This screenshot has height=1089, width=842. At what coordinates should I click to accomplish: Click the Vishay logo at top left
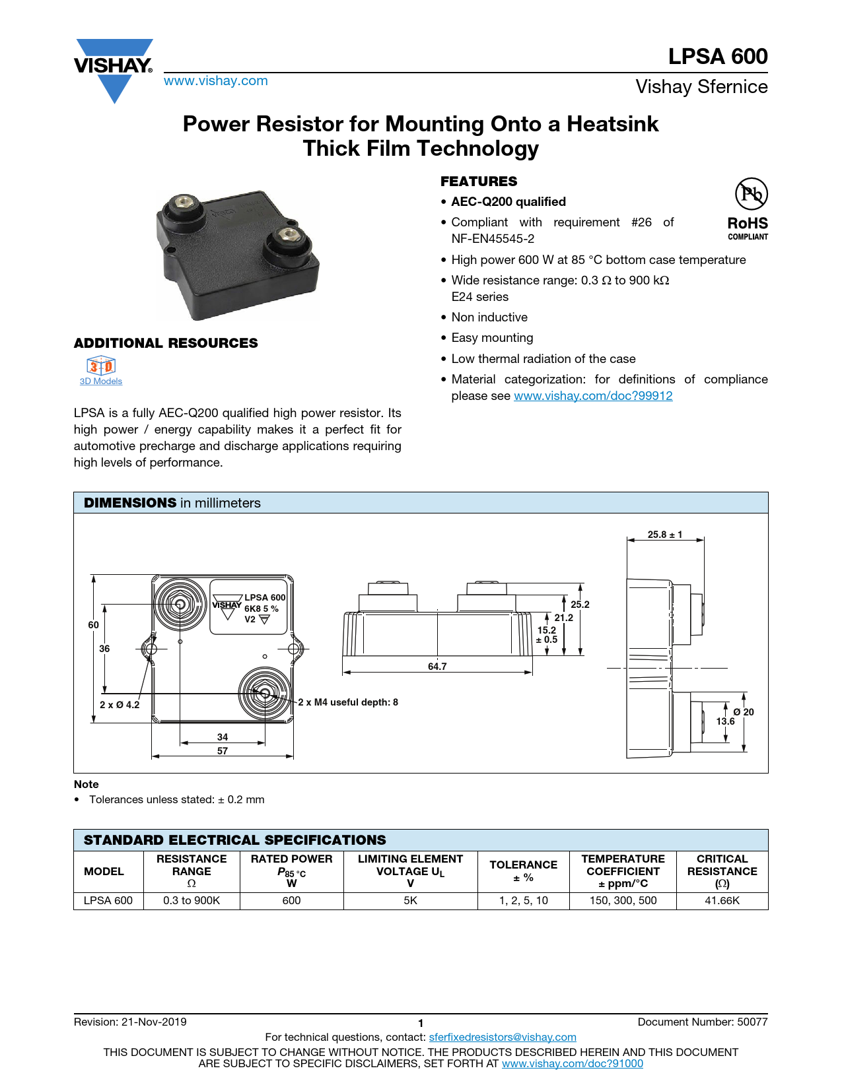coord(114,68)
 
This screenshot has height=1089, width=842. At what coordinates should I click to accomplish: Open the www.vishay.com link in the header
coord(215,81)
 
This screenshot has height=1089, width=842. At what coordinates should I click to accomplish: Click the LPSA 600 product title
coord(717,57)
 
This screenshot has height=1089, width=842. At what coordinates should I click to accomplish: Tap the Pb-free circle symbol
coord(751,194)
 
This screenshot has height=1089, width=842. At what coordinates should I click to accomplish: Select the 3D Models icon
coord(101,366)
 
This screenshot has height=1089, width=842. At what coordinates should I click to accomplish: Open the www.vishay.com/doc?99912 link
coord(593,396)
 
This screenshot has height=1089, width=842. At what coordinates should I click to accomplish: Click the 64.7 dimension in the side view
coord(437,667)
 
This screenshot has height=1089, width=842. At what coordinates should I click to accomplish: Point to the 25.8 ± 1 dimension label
coord(664,535)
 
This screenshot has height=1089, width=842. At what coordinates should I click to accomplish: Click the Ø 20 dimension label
coord(744,712)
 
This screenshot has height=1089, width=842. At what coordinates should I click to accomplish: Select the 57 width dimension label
coord(223,751)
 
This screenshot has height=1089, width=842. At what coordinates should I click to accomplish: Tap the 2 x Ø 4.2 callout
coord(120,705)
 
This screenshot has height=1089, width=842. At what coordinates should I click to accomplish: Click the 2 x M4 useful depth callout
coord(348,702)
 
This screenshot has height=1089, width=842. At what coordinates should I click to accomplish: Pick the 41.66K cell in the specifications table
coord(722,901)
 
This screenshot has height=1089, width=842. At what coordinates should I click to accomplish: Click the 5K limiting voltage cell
coord(410,901)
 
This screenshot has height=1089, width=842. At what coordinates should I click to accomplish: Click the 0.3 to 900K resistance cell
coord(192,901)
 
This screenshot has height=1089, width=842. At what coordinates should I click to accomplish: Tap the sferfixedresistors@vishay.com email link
coord(503,1038)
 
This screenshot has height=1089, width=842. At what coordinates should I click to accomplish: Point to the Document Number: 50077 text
coord(702,1022)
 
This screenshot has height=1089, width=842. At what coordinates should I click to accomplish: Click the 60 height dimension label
coord(94,625)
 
